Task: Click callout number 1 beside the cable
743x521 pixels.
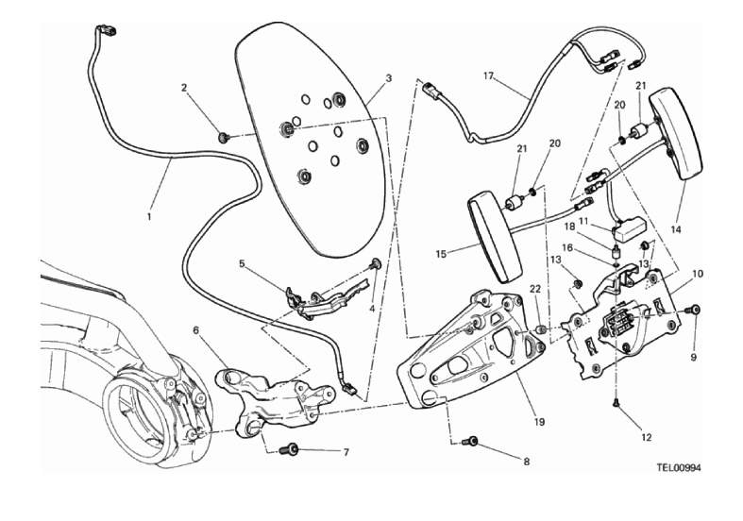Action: (x=149, y=217)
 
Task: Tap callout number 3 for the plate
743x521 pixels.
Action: (x=388, y=78)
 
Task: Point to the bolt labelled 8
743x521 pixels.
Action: (x=473, y=440)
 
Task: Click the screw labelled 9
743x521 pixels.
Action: (x=695, y=309)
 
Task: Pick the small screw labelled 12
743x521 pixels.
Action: (x=615, y=402)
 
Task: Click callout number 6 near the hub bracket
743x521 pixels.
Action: (x=196, y=330)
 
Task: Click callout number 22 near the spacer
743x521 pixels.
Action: (x=533, y=289)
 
